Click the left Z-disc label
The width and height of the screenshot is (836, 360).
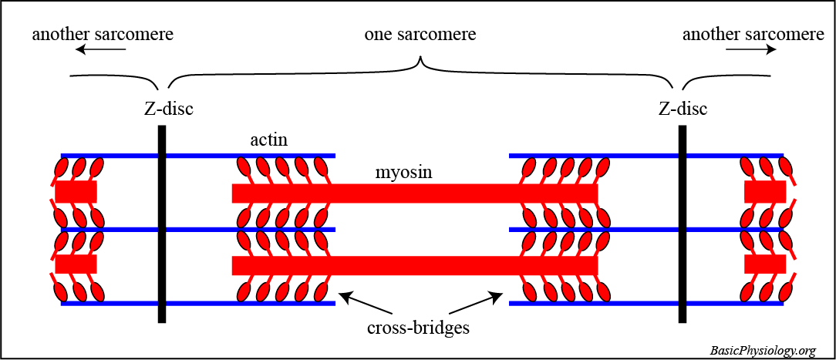click(168, 109)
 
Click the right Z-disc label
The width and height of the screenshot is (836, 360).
click(683, 109)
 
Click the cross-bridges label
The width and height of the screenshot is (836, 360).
click(419, 328)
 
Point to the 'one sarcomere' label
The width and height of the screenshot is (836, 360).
click(420, 35)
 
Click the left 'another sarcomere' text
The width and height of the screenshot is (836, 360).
click(103, 35)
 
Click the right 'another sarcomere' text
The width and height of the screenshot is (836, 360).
click(753, 35)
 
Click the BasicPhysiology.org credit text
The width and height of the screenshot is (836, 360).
click(762, 351)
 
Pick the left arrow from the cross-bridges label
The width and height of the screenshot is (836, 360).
click(359, 301)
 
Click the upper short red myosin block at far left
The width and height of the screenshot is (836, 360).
click(76, 192)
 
